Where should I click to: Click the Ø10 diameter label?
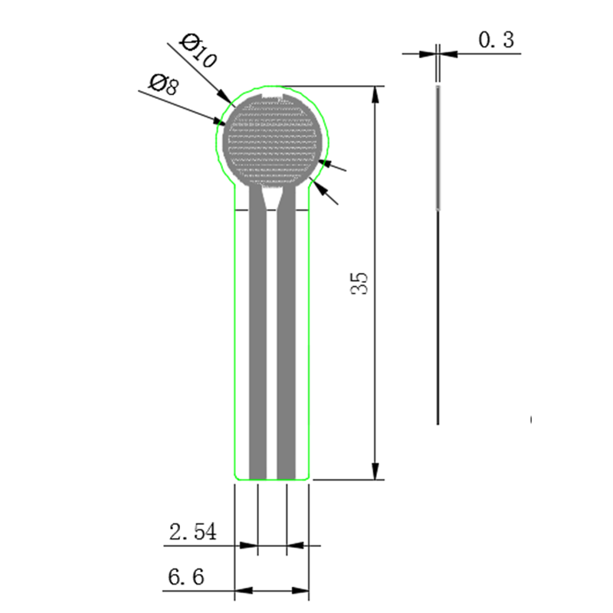[198, 51]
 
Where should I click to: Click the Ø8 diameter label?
[164, 84]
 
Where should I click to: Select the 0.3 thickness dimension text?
[496, 40]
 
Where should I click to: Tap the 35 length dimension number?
[359, 283]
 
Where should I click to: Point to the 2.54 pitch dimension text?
[193, 532]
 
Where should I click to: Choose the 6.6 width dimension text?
[186, 577]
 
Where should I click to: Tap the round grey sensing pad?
[270, 140]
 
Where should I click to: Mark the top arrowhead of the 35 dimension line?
[375, 94]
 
